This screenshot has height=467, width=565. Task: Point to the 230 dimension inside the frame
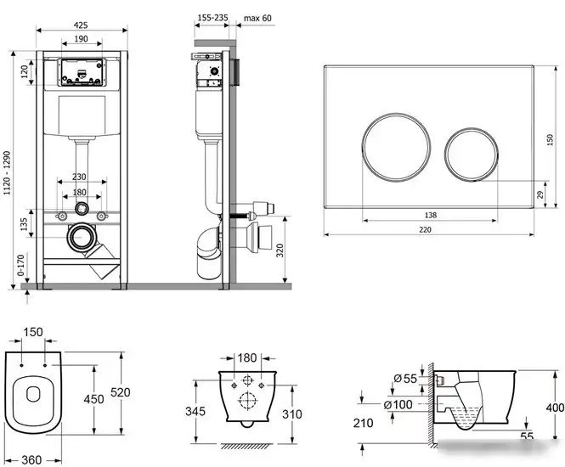(81, 177)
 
